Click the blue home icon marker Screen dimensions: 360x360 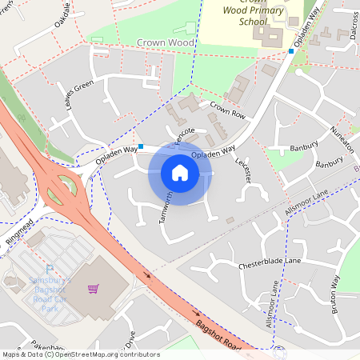point(180,173)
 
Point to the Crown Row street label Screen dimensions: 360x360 point(227,110)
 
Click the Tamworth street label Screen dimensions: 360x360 point(166,207)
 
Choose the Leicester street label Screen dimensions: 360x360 point(243,168)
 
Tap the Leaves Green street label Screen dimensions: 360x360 point(79,97)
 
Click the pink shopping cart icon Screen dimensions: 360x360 point(94,289)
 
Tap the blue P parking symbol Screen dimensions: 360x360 point(50,270)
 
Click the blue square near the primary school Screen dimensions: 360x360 point(291,51)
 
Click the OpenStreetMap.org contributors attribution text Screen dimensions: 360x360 point(107,354)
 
